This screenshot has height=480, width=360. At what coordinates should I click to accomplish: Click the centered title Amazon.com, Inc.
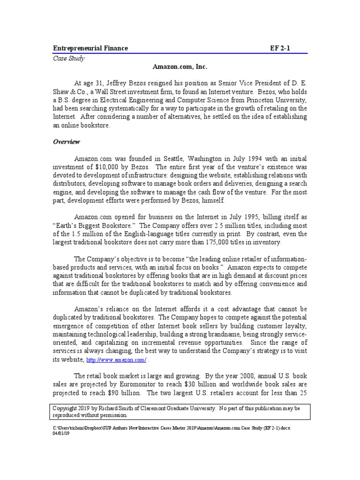point(180,68)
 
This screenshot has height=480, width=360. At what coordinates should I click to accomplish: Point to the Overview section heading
point(66,142)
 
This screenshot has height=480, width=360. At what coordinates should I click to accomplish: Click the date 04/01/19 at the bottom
point(61,434)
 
